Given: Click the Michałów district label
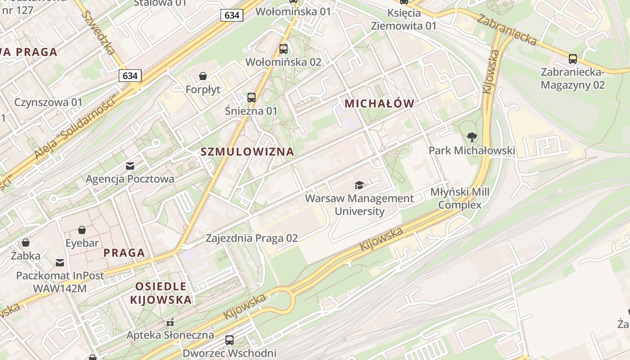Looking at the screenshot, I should (x=379, y=103).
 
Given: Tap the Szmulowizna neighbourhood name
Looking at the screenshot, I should (x=247, y=152).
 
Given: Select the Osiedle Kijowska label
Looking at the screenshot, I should (x=161, y=293).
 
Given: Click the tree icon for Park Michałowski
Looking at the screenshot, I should (x=472, y=137).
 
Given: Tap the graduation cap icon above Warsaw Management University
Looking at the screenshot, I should (x=359, y=185).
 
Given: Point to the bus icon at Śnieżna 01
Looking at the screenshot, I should (x=251, y=97).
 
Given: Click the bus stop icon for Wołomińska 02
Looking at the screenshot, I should (x=283, y=49).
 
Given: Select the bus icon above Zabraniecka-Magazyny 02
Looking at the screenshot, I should (x=572, y=58).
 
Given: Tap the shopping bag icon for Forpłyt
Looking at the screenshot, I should (x=203, y=76).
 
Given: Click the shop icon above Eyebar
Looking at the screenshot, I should (x=82, y=230).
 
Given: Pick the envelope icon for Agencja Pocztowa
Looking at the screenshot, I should (x=130, y=166).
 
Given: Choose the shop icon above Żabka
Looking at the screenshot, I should (x=26, y=243).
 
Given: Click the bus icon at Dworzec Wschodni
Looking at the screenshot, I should (x=229, y=340).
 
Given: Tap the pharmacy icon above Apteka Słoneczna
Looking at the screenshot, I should (x=170, y=322).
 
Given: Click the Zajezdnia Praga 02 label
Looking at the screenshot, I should (x=252, y=238).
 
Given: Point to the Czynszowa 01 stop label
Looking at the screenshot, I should (x=48, y=102).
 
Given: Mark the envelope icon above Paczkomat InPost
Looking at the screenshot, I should (x=60, y=262).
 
